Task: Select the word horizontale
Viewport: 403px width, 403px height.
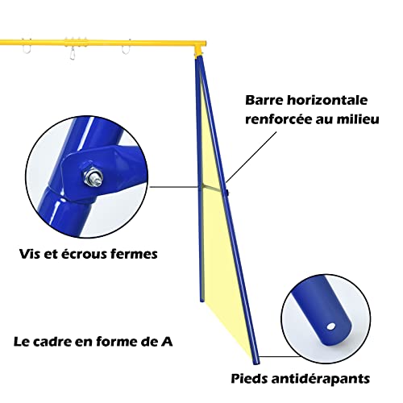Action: (x=327, y=100)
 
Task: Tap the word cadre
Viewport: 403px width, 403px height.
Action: (x=53, y=342)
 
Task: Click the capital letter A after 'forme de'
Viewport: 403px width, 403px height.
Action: (x=167, y=342)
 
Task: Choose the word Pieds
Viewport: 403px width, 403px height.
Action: (x=249, y=379)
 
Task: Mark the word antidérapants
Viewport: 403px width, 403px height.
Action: (x=321, y=379)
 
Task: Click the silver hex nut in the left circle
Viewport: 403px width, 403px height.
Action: (x=93, y=176)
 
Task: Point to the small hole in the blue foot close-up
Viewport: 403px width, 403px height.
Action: (x=330, y=326)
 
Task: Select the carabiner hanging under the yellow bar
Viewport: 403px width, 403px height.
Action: (x=72, y=53)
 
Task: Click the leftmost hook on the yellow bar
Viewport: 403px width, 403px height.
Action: (x=27, y=48)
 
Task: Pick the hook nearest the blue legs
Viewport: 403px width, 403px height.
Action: (x=127, y=48)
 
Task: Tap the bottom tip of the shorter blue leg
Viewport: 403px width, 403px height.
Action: (x=201, y=301)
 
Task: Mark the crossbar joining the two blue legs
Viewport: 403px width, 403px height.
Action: (x=214, y=189)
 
